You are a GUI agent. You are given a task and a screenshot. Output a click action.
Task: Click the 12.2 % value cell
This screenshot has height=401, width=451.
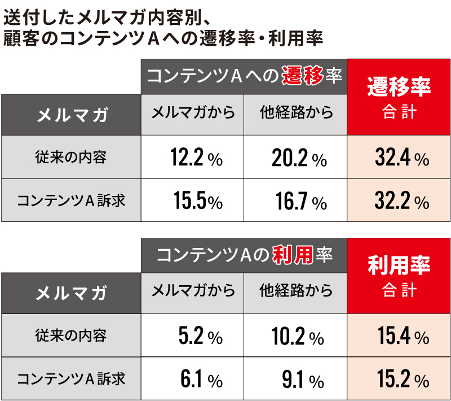pyautogui.click(x=192, y=158)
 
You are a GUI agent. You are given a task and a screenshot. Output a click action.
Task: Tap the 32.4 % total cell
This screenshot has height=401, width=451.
pyautogui.click(x=399, y=158)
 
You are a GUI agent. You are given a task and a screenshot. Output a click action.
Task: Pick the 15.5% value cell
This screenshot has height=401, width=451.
pyautogui.click(x=192, y=200)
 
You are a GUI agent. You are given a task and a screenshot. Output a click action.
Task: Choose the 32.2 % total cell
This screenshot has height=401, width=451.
pyautogui.click(x=399, y=200)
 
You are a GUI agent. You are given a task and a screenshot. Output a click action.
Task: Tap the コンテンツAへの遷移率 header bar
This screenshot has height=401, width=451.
pyautogui.click(x=244, y=76)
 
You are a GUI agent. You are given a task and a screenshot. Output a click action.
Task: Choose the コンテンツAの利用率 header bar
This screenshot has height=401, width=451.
pyautogui.click(x=244, y=255)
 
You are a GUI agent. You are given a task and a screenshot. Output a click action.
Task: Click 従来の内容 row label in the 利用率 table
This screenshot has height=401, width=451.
pyautogui.click(x=71, y=336)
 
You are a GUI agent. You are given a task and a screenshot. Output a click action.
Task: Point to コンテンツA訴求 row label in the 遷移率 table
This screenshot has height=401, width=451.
pyautogui.click(x=71, y=200)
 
